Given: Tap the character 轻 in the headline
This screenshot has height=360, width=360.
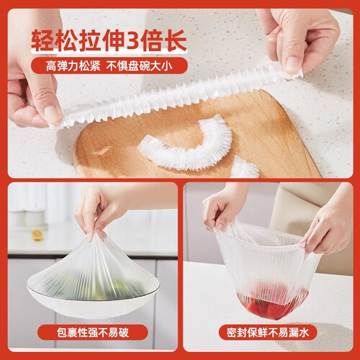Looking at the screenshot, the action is tap(42, 40).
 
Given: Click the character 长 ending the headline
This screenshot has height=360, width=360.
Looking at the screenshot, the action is tap(176, 40).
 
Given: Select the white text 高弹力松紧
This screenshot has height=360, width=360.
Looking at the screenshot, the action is tap(73, 66).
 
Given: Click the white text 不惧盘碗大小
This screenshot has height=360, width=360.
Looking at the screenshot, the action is tap(139, 66).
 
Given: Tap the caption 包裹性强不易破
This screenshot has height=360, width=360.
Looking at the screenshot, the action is tap(93, 333).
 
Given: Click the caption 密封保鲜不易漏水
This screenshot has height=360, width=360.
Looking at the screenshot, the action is tap(268, 333).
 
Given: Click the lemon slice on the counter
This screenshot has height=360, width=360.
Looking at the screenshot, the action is tap(37, 235).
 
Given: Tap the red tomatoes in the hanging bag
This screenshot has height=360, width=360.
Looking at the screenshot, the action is tap(272, 304).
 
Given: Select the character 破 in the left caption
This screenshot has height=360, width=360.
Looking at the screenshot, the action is tap(124, 333).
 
